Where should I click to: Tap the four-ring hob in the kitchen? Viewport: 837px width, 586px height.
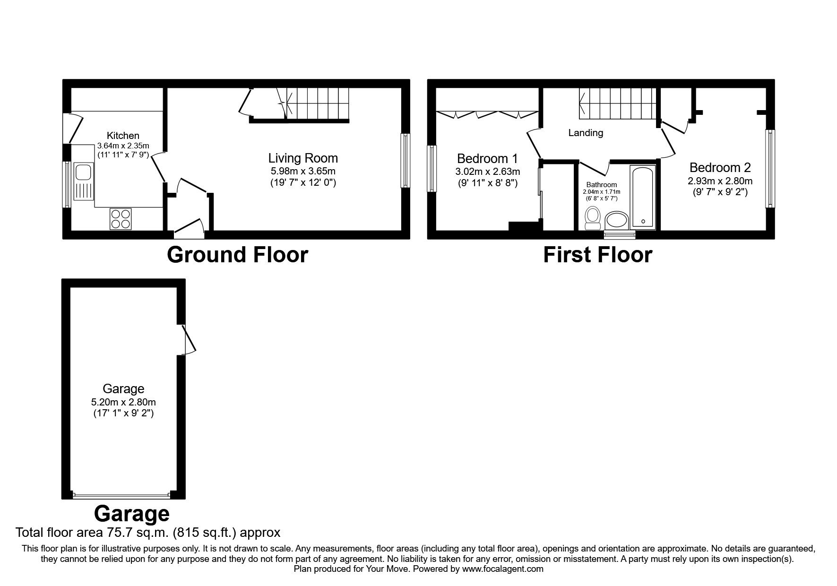point(121,219)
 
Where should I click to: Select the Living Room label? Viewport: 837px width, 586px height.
point(303,158)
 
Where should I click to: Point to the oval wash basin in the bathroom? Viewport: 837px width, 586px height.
point(617,220)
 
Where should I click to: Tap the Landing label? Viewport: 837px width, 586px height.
point(586,133)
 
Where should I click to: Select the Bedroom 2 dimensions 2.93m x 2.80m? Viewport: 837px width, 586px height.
point(720,181)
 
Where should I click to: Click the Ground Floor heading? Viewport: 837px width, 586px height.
point(237,255)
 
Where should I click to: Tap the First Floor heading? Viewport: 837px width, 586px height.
point(597,255)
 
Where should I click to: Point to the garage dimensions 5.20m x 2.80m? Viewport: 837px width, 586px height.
point(123,403)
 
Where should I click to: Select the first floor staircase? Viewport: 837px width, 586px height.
point(617,103)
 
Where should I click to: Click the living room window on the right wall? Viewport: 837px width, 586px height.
point(406,161)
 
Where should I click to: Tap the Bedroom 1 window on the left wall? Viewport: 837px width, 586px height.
point(431,169)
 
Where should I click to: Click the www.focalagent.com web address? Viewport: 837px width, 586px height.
point(502,569)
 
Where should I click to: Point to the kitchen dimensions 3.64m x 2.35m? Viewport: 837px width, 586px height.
point(123,146)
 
